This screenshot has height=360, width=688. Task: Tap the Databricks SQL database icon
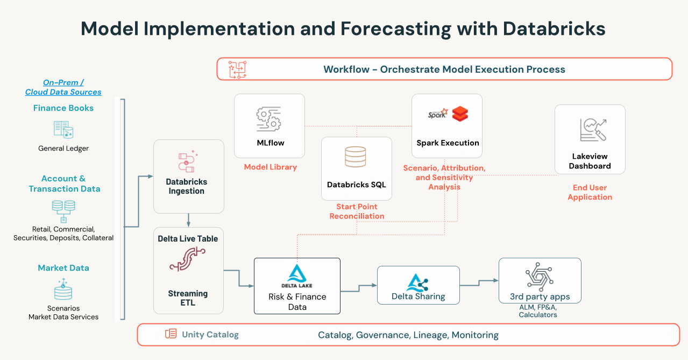point(356,157)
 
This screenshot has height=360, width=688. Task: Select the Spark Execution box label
point(448,143)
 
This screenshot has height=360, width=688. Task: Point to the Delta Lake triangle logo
point(297,273)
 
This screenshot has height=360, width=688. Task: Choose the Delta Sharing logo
point(417,283)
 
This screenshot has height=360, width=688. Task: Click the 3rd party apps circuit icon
point(540,277)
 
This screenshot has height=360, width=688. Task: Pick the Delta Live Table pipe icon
point(188,260)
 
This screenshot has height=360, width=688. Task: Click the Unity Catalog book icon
point(171,334)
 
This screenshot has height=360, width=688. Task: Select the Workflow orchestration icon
point(237,69)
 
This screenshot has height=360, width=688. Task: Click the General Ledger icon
point(63,130)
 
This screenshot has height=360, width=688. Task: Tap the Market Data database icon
point(63,291)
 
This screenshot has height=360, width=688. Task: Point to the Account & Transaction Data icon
point(63,210)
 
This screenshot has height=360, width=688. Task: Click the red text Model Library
point(270,167)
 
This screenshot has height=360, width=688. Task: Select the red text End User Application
point(590,193)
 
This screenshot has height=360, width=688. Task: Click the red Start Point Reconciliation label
point(357,211)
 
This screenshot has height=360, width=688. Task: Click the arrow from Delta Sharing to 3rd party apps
point(479,281)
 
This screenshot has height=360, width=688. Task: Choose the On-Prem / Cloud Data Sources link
point(63,87)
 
